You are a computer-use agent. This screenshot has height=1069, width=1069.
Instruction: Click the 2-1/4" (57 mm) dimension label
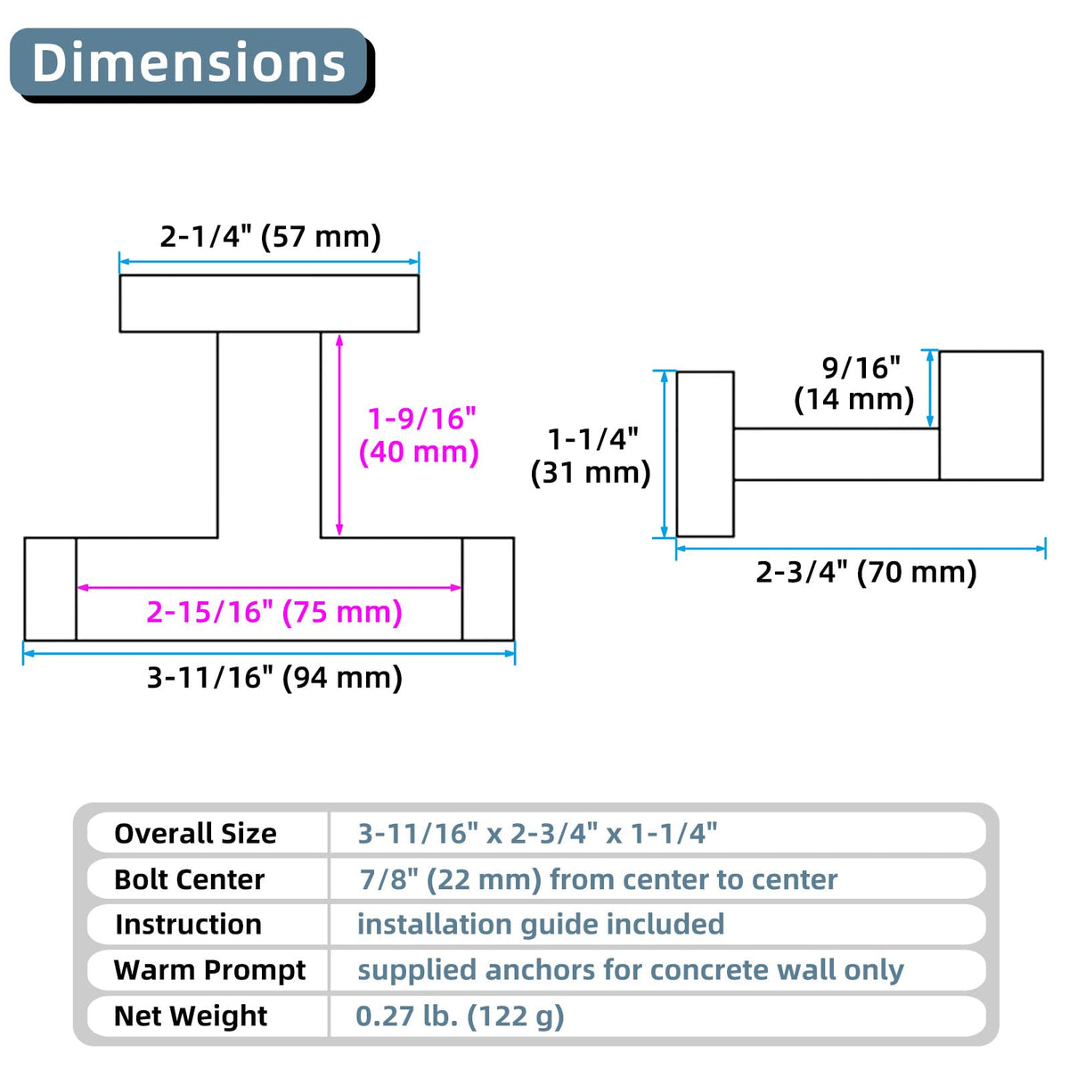pyautogui.click(x=270, y=236)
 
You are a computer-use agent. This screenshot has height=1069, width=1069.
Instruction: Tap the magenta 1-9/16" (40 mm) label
pyautogui.click(x=419, y=435)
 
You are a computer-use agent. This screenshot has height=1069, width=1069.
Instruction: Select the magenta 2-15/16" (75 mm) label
pyautogui.click(x=274, y=612)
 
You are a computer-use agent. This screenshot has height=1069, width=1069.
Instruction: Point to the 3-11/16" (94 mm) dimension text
pyautogui.click(x=274, y=678)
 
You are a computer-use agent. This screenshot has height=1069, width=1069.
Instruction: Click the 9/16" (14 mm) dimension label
pyautogui.click(x=853, y=383)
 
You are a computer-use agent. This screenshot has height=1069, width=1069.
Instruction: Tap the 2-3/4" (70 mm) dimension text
pyautogui.click(x=866, y=572)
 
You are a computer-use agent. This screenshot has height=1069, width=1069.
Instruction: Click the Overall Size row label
pyautogui.click(x=195, y=833)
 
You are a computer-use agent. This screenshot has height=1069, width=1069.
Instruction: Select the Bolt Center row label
pyautogui.click(x=189, y=879)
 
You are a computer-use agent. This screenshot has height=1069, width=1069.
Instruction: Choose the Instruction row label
pyautogui.click(x=189, y=924)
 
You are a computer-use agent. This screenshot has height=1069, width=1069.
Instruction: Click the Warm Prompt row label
pyautogui.click(x=209, y=970)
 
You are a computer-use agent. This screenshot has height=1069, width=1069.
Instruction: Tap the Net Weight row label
pyautogui.click(x=191, y=1016)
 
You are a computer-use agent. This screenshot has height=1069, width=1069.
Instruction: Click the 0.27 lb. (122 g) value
pyautogui.click(x=460, y=1016)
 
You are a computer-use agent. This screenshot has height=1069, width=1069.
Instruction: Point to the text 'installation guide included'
pyautogui.click(x=541, y=924)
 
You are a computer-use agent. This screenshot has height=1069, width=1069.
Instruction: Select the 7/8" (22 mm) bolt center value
pyautogui.click(x=451, y=879)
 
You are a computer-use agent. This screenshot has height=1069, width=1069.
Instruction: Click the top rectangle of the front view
pyautogui.click(x=269, y=304)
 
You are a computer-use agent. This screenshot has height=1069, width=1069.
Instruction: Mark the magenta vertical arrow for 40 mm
pyautogui.click(x=339, y=435)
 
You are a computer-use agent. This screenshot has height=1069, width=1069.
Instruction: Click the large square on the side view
pyautogui.click(x=991, y=415)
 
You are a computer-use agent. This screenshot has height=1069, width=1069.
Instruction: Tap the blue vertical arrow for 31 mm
pyautogui.click(x=664, y=453)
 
